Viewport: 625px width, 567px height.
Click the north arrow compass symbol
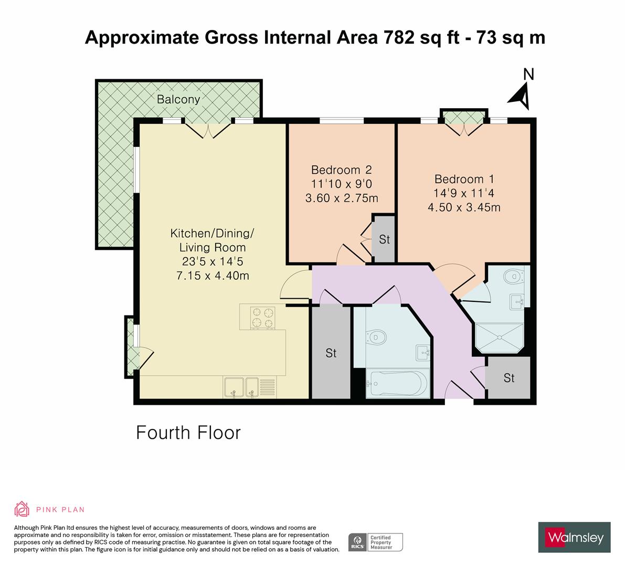[520, 95]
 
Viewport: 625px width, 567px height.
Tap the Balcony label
[179, 99]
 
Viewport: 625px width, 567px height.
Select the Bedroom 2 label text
[341, 170]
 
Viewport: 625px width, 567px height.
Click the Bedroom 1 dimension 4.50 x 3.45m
[464, 207]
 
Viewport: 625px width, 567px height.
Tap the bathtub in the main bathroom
[397, 383]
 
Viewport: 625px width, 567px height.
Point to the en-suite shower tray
[500, 338]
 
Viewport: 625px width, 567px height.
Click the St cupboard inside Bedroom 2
[384, 239]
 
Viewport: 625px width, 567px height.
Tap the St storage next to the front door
[508, 378]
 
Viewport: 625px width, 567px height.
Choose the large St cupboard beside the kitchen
[331, 353]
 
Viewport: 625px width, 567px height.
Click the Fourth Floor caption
[188, 433]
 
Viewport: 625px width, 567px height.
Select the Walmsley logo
[575, 537]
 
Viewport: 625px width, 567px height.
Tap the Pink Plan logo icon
[23, 509]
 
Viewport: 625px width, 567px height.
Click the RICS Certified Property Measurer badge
[376, 542]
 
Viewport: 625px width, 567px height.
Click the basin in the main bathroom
[421, 352]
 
